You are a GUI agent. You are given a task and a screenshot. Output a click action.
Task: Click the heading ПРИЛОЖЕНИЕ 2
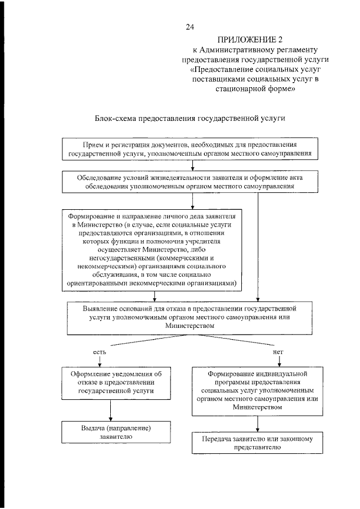[x=249, y=39]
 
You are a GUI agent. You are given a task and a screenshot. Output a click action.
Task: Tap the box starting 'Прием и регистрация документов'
[x=193, y=148]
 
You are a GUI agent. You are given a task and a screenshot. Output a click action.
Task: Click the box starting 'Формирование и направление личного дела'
[x=153, y=250]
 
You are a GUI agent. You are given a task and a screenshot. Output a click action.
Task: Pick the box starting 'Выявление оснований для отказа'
[x=189, y=317]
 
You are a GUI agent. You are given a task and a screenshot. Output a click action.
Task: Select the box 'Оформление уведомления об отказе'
[x=116, y=382]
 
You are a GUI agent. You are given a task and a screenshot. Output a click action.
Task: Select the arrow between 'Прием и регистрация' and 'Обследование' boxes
[x=193, y=165]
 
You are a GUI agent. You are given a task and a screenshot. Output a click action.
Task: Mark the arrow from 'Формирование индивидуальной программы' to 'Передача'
[x=258, y=424]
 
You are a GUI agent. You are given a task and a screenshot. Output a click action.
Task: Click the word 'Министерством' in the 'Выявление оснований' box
[x=189, y=325]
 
